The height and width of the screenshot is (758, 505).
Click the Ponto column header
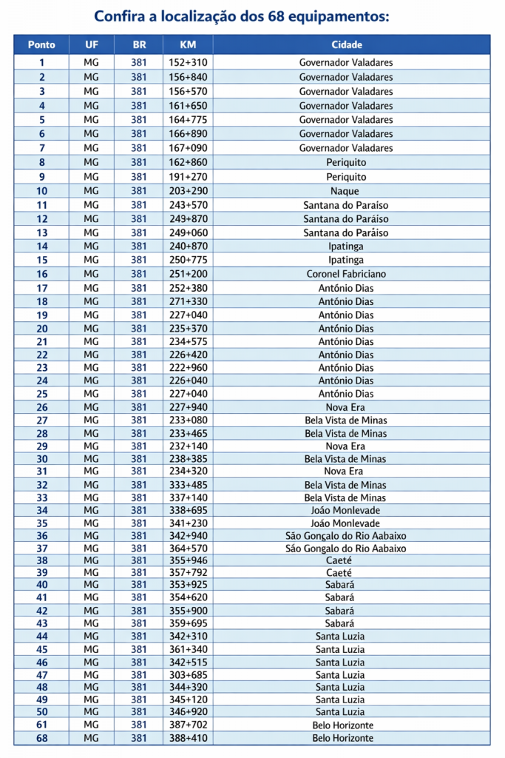tap(41, 44)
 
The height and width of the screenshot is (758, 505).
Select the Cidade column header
tap(346, 44)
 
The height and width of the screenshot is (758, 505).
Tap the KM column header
tap(188, 44)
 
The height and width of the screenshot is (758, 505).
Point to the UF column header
tap(91, 44)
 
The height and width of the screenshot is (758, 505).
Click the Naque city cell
tap(346, 191)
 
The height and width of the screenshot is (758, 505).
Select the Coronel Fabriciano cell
tap(346, 274)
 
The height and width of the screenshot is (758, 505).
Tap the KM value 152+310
tap(188, 63)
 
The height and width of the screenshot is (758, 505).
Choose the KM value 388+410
tap(188, 738)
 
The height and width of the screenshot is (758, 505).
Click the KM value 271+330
tap(188, 301)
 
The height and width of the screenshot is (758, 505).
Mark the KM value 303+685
tap(188, 674)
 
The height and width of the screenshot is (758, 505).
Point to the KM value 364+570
tap(188, 549)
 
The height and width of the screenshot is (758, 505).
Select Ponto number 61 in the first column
tap(41, 725)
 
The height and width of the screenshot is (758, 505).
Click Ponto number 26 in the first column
tap(41, 407)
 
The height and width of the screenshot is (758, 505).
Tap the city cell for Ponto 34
tap(346, 510)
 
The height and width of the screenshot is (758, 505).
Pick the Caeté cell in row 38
tap(346, 561)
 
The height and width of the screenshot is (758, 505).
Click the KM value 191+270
tap(188, 177)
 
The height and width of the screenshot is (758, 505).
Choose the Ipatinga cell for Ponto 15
tap(346, 260)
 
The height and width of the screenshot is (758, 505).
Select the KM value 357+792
tap(188, 573)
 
